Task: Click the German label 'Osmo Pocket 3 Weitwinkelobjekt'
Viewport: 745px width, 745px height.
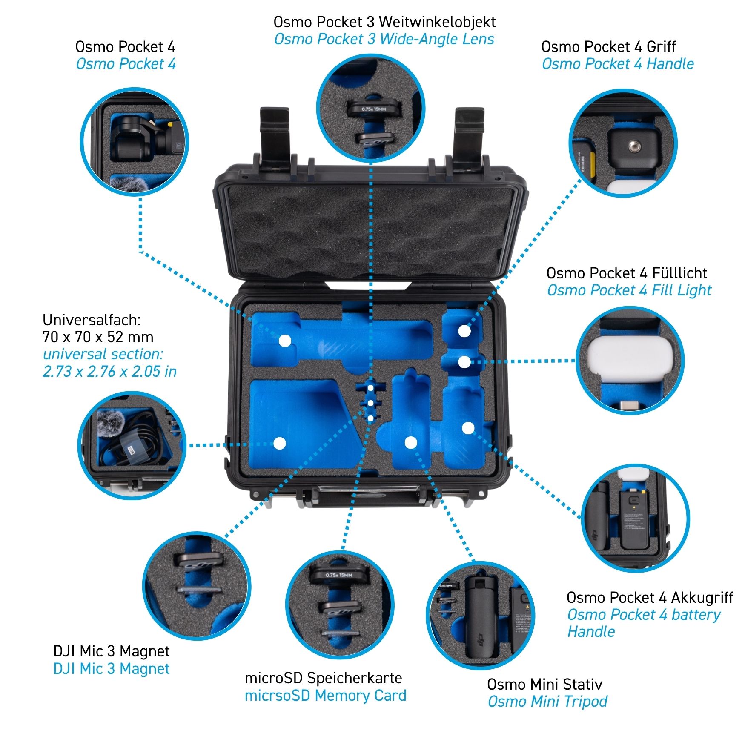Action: [384, 22]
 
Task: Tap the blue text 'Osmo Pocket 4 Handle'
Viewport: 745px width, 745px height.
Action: [618, 64]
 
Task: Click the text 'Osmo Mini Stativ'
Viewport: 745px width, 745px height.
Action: [544, 684]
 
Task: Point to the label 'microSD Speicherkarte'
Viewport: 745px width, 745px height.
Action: [323, 678]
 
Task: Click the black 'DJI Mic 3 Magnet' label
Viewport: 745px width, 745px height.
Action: [112, 651]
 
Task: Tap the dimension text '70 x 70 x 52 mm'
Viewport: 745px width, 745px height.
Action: [98, 337]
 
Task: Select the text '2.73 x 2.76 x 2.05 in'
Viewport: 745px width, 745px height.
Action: [109, 372]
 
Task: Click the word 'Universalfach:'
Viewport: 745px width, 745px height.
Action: [92, 320]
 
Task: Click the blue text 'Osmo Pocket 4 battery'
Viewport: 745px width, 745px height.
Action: [644, 615]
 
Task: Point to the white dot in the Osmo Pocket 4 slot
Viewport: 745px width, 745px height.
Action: [284, 341]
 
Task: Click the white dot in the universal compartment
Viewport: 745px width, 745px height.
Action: [279, 444]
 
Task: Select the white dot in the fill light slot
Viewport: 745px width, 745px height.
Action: [464, 362]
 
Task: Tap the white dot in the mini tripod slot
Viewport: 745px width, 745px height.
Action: [411, 443]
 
